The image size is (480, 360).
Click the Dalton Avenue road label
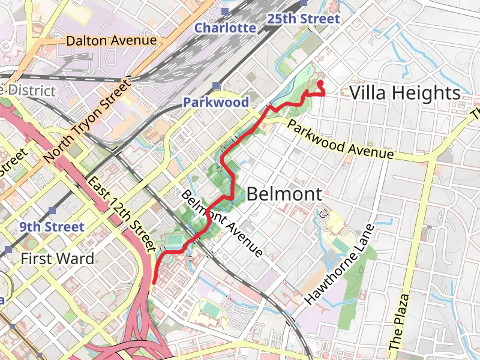tap(112, 41)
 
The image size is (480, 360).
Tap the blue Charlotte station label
tap(225, 28)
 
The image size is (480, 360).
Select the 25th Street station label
tap(304, 19)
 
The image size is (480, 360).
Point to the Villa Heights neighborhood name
tap(404, 93)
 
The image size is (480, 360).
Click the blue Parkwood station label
tap(216, 102)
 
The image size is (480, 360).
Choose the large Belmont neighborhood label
tap(284, 194)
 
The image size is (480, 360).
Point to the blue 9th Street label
tap(52, 227)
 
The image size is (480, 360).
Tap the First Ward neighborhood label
tap(57, 259)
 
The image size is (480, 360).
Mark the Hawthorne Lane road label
tap(340, 265)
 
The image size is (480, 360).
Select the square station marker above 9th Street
tap(53, 211)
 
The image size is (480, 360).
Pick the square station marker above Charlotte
tap(224, 11)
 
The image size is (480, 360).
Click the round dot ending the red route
tap(320, 83)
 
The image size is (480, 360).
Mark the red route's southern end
tap(154, 281)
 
